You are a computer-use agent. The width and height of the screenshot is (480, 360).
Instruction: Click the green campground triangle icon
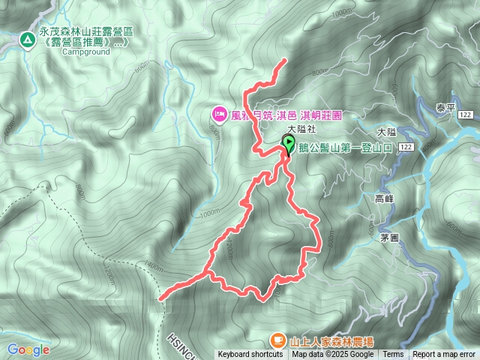[x=27, y=37]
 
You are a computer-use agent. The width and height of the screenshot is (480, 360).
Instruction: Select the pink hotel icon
[x=220, y=113]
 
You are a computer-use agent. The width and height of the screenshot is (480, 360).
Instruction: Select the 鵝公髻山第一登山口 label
[x=346, y=148]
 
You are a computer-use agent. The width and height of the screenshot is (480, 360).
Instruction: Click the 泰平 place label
[x=445, y=107]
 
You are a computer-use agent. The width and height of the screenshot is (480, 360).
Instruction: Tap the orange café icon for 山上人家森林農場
[x=277, y=340]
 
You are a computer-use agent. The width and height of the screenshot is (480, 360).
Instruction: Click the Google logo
[x=28, y=349]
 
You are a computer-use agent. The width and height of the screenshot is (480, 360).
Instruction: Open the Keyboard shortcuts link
[x=250, y=355]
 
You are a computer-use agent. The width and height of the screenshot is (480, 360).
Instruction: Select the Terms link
[x=393, y=355]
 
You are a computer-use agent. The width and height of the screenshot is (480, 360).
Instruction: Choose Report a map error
[x=444, y=355]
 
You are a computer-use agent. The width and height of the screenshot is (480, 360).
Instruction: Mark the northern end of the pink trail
[x=286, y=60]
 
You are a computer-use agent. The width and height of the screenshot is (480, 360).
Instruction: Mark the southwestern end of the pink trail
[x=161, y=298]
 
